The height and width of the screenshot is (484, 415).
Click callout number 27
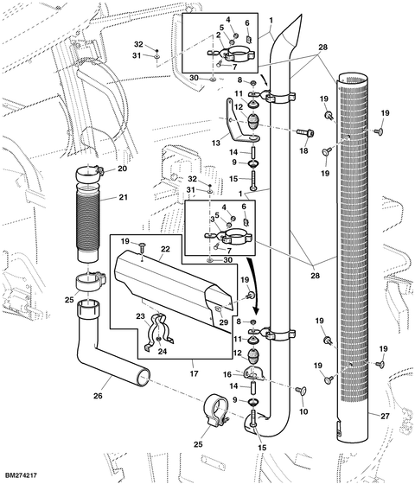385,417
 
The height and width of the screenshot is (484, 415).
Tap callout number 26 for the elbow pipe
98,396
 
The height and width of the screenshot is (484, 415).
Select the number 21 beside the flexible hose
123,197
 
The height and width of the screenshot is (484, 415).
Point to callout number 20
123,169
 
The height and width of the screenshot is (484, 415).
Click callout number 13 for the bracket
216,143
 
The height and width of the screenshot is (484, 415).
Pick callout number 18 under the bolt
304,151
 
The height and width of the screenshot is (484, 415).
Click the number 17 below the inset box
194,373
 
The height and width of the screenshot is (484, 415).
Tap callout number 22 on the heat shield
165,249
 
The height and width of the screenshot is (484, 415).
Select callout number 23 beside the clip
140,316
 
